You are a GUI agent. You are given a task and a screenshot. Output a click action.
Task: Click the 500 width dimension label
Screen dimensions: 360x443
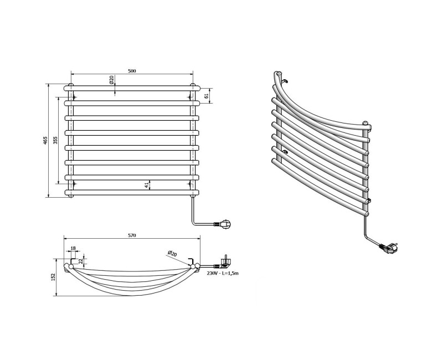(x=132, y=71)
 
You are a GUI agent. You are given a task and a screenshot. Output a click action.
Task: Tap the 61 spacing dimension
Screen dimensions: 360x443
(x=207, y=96)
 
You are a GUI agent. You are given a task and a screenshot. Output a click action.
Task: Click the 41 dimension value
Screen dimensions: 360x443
(x=147, y=186)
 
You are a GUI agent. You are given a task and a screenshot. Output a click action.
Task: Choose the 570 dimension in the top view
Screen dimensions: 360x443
(x=132, y=235)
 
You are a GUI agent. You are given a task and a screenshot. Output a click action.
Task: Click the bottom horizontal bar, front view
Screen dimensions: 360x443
(x=132, y=193)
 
